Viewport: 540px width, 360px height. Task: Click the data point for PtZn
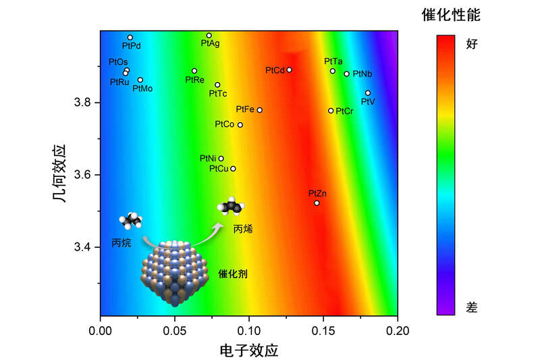point(317,203)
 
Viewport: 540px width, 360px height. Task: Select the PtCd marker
point(289,70)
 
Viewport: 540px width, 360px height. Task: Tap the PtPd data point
point(130,38)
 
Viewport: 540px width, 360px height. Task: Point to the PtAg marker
point(209,35)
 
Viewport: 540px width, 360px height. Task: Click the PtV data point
point(368,93)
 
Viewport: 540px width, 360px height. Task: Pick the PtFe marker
point(259,110)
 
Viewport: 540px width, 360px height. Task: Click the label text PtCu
point(218,168)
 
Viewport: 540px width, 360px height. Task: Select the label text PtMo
point(142,88)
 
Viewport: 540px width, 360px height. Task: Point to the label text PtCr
point(345,111)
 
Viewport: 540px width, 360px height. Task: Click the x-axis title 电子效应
point(249,351)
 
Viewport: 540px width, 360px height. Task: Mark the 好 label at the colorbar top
point(473,45)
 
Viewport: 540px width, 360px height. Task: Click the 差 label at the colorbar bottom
point(473,307)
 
